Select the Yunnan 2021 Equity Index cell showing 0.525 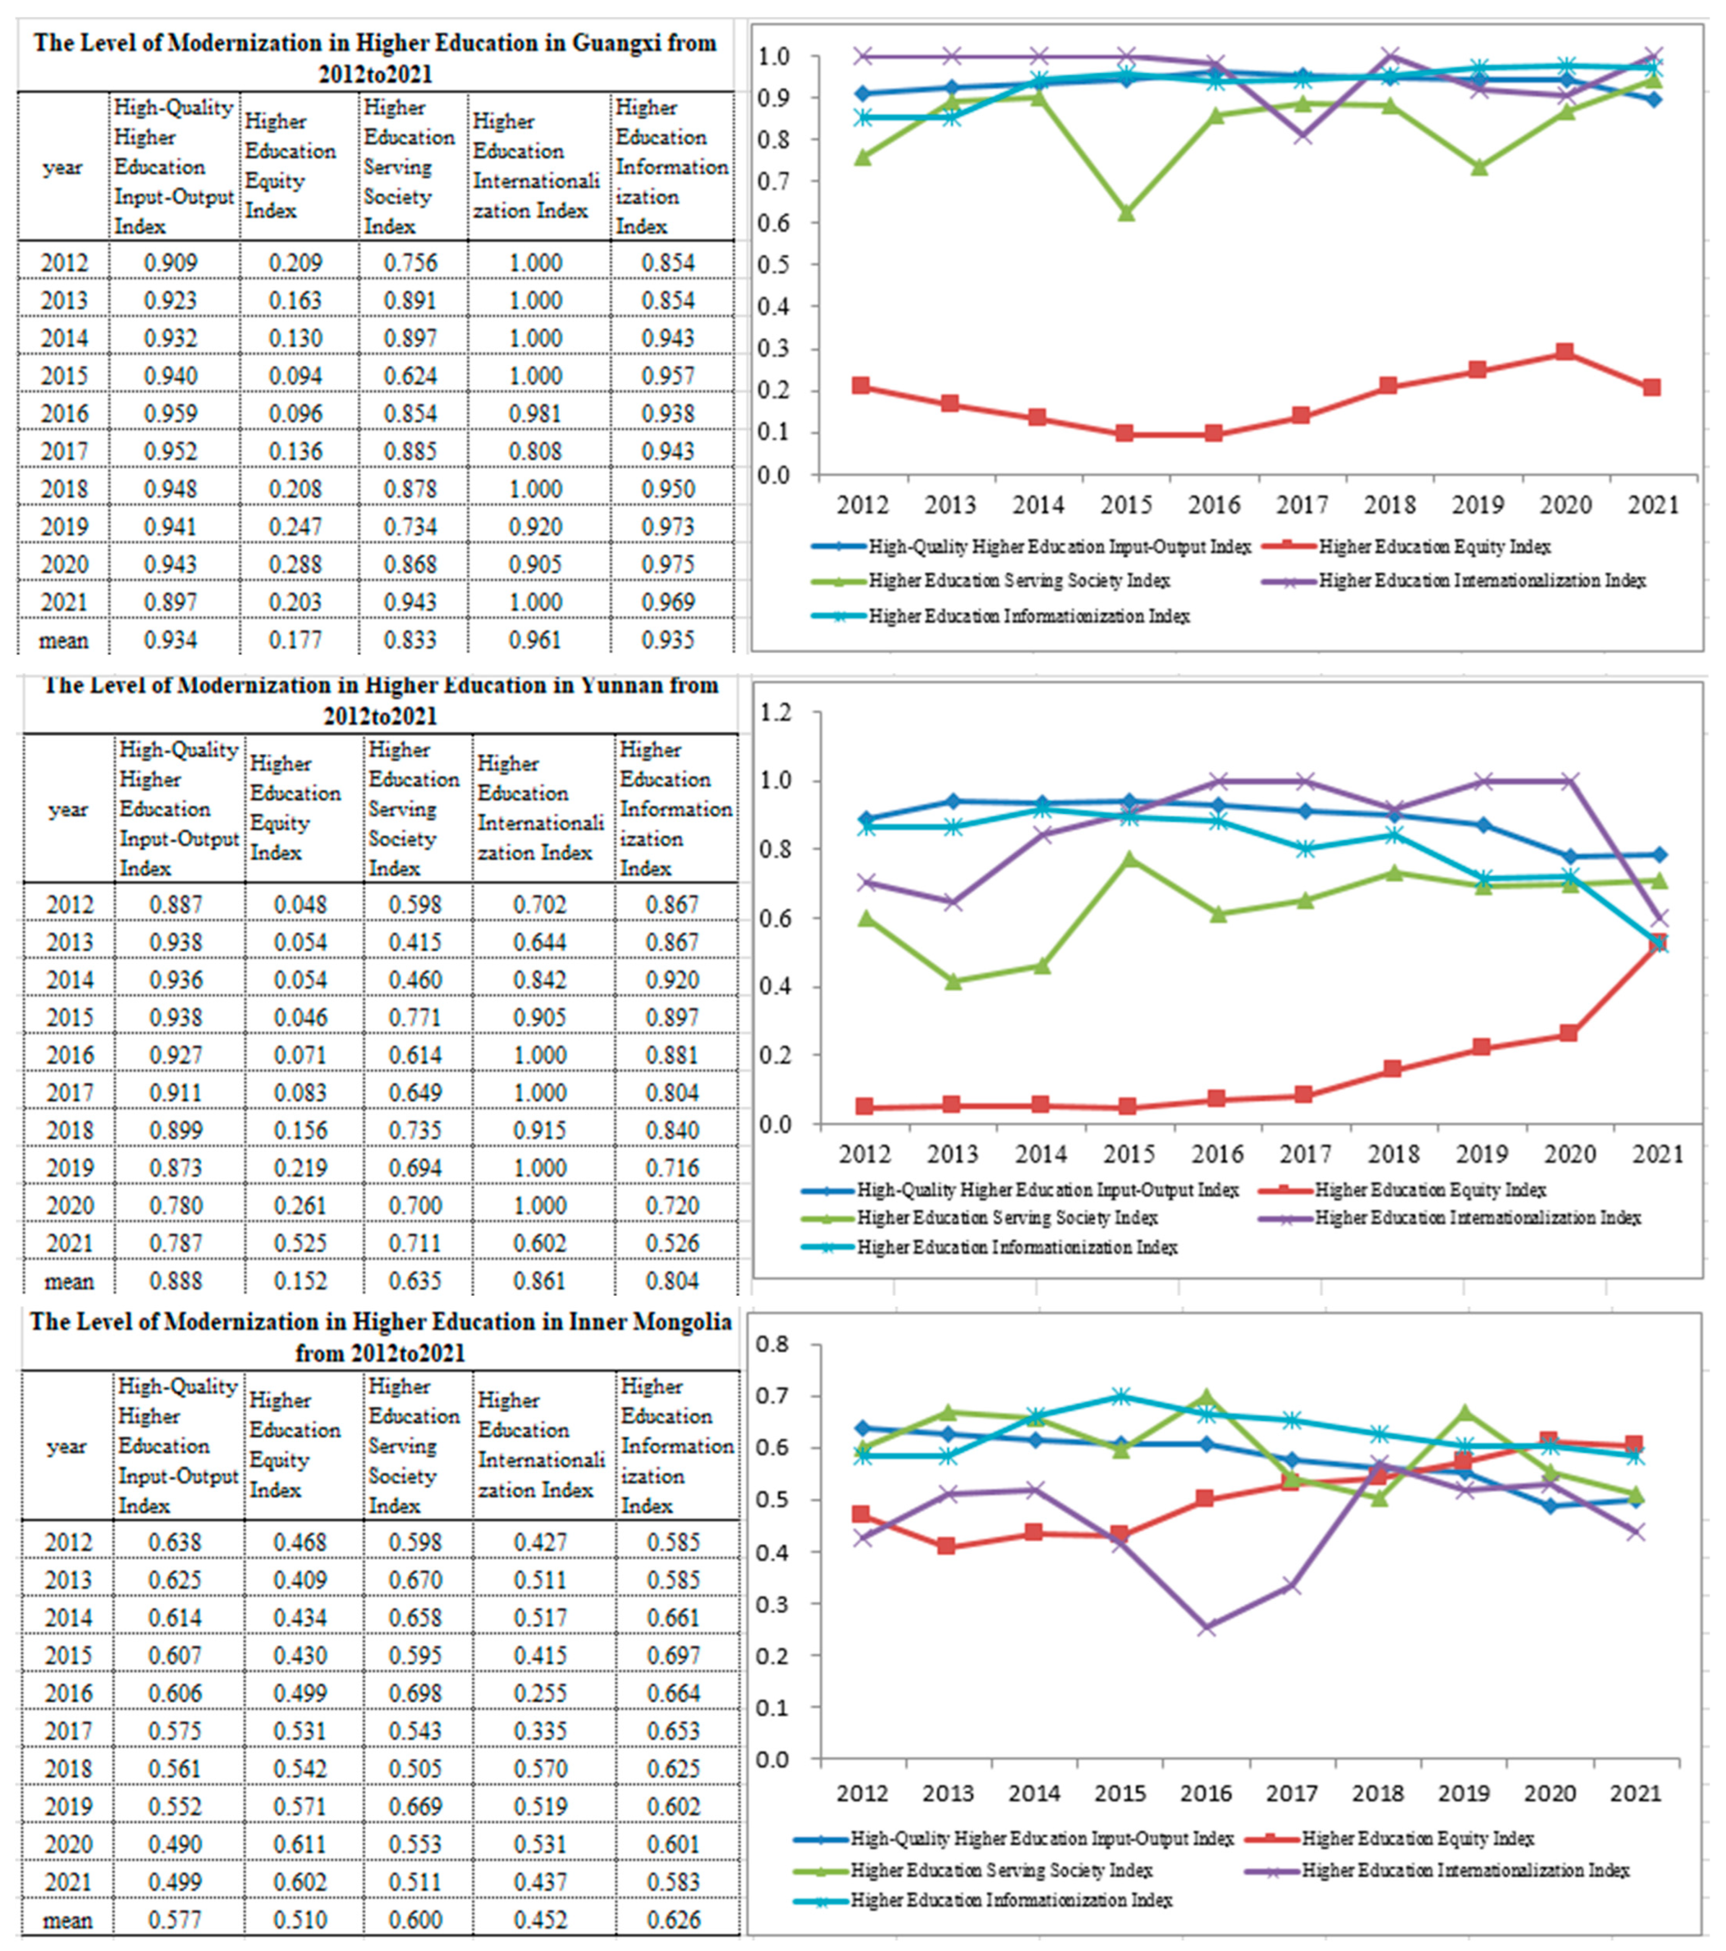coord(301,1243)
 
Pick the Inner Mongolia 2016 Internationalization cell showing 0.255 coord(540,1693)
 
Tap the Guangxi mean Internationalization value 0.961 coord(535,640)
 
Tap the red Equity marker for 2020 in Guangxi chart coord(1564,352)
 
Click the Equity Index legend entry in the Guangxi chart coord(1434,547)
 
